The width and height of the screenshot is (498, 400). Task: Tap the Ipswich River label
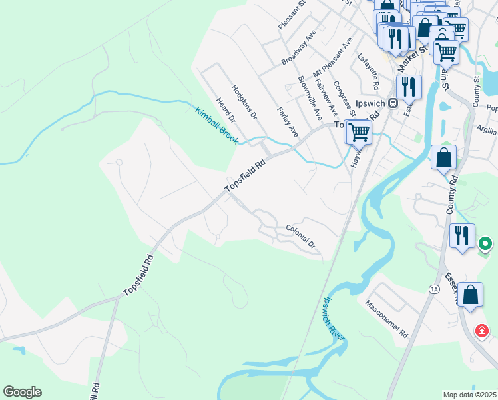tap(334, 319)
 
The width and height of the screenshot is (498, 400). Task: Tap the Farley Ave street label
tap(287, 122)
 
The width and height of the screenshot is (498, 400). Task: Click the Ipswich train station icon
tap(393, 103)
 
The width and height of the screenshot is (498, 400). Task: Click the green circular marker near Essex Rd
tap(486, 245)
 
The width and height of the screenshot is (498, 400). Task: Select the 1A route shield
tap(434, 289)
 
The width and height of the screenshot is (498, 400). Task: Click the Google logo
tap(22, 392)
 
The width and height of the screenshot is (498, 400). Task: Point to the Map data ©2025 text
tap(470, 395)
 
